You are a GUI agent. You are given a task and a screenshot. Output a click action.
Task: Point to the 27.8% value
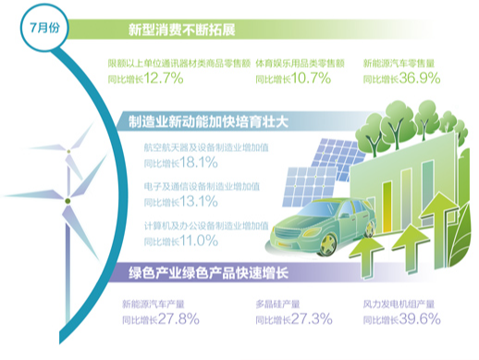point(177,320)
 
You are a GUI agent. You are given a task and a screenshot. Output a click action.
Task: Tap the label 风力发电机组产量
point(398,304)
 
